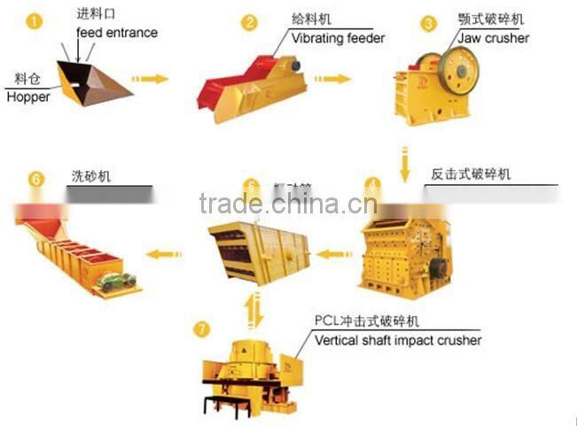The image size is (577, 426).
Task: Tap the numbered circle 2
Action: (x=250, y=22)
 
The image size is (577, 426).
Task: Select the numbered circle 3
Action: (x=429, y=23)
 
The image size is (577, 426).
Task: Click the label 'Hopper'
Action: (x=28, y=97)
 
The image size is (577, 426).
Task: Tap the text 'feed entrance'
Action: (x=117, y=33)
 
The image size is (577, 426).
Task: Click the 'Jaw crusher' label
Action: (x=494, y=38)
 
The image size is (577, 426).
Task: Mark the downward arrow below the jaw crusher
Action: (x=404, y=165)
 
